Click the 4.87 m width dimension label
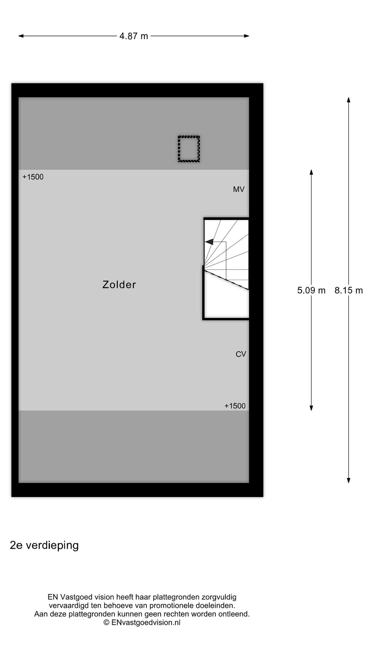[x=133, y=36]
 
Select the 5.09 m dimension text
[x=311, y=290]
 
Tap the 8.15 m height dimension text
[x=348, y=290]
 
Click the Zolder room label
[x=119, y=284]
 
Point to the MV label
[x=239, y=189]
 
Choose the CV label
[x=241, y=354]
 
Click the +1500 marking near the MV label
[x=33, y=177]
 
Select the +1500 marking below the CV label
[x=235, y=406]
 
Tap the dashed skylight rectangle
[x=189, y=149]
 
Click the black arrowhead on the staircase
[x=209, y=242]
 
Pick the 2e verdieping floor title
[x=44, y=545]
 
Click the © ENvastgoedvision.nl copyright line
[x=142, y=622]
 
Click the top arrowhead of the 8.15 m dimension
[x=348, y=100]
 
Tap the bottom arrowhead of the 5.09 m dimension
[x=311, y=408]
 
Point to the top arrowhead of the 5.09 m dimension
[x=311, y=172]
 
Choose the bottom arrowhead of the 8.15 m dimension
[x=348, y=480]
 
